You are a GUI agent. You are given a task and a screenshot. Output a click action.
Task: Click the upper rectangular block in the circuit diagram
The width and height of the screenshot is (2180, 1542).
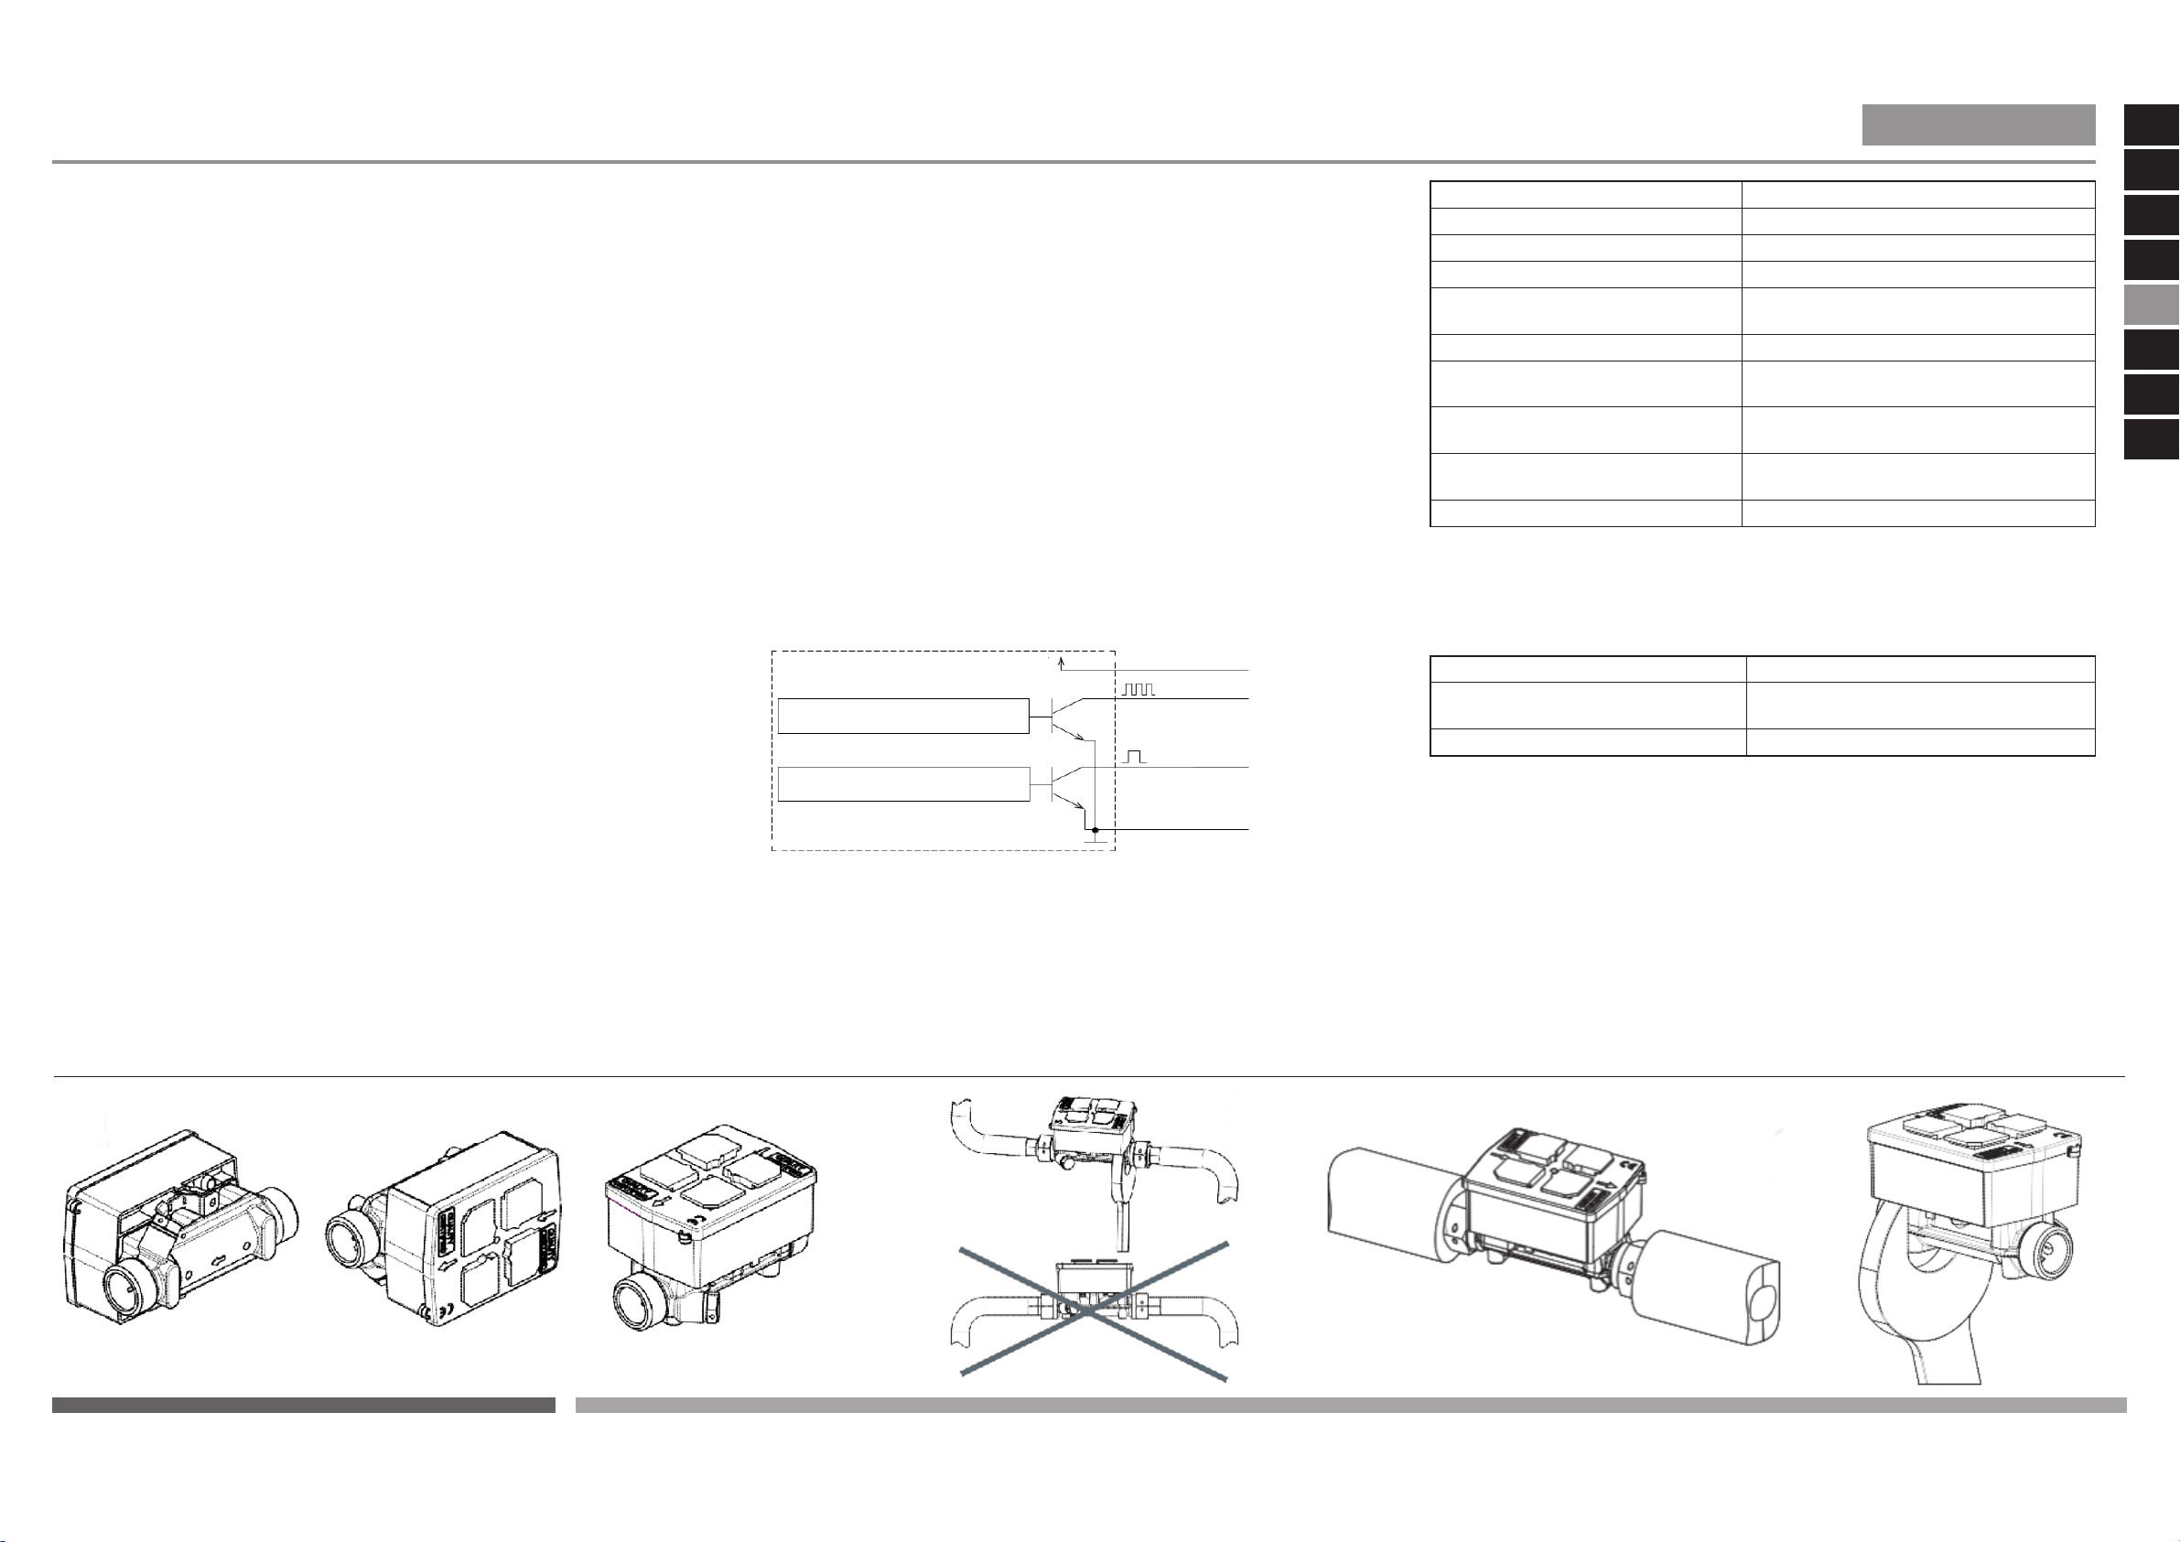903,716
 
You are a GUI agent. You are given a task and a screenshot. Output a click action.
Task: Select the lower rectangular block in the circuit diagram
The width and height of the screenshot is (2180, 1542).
903,783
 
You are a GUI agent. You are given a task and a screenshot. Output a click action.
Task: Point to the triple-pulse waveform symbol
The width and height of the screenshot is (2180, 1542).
1138,689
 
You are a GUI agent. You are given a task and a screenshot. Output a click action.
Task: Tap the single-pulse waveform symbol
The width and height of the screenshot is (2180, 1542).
1135,756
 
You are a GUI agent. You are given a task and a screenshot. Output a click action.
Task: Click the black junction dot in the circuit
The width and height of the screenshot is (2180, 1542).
1095,830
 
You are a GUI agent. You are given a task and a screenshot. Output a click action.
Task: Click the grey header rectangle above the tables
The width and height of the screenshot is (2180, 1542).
1978,124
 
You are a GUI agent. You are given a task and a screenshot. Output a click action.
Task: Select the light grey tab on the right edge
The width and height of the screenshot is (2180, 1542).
2151,306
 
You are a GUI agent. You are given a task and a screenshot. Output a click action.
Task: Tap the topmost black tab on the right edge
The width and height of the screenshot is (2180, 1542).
2151,125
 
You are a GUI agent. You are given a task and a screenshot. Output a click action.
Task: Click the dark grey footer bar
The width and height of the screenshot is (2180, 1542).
303,1405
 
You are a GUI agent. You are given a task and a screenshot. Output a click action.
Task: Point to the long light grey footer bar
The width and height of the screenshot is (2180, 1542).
1350,1405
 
